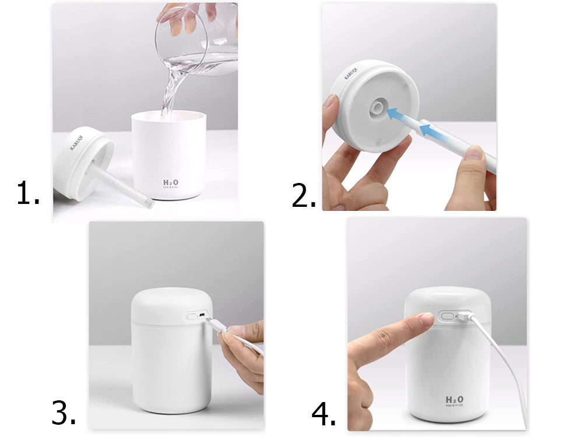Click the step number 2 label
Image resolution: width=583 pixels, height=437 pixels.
[x=303, y=196]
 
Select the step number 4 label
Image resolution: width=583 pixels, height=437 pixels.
[x=323, y=415]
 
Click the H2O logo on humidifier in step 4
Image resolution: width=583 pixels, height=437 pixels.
[x=455, y=401]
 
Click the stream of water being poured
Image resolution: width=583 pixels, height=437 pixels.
[x=170, y=93]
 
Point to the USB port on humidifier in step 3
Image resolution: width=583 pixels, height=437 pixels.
[x=202, y=316]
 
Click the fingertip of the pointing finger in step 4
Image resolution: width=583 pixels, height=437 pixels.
[x=426, y=319]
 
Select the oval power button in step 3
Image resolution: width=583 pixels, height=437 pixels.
[x=191, y=316]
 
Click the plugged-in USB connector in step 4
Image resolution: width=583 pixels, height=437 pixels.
[x=464, y=317]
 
